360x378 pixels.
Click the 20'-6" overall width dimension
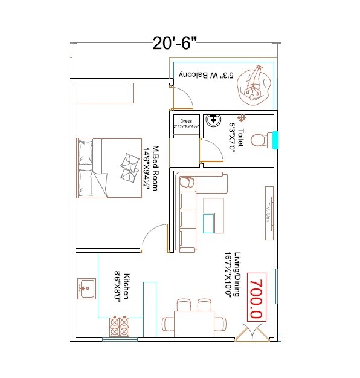coord(175,44)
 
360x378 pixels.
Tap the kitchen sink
coord(87,288)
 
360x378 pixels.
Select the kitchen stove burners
coord(120,327)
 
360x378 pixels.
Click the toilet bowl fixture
coord(260,140)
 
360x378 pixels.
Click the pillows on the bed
coord(129,166)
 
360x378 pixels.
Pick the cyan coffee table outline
coord(209,223)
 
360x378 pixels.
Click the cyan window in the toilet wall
coord(275,140)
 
